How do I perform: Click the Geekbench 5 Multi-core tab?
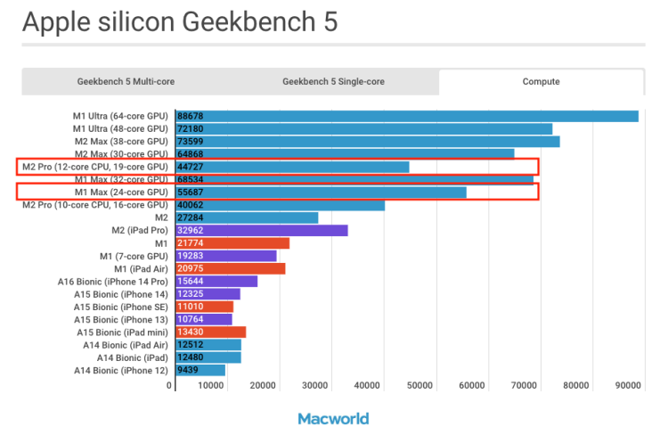pyautogui.click(x=126, y=81)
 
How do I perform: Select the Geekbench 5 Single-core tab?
pyautogui.click(x=333, y=81)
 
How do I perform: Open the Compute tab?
pyautogui.click(x=541, y=81)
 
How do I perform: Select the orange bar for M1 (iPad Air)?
pyautogui.click(x=231, y=268)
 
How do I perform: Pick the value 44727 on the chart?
pyautogui.click(x=191, y=167)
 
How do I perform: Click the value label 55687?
pyautogui.click(x=191, y=192)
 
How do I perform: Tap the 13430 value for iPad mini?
pyautogui.click(x=191, y=332)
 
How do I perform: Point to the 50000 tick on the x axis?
pyautogui.click(x=419, y=386)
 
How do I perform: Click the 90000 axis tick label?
pyautogui.click(x=628, y=386)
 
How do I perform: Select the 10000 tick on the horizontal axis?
pyautogui.click(x=210, y=386)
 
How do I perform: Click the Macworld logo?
pyautogui.click(x=333, y=418)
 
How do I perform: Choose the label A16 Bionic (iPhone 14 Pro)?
pyautogui.click(x=112, y=282)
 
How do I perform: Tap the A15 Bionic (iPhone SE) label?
pyautogui.click(x=120, y=307)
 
